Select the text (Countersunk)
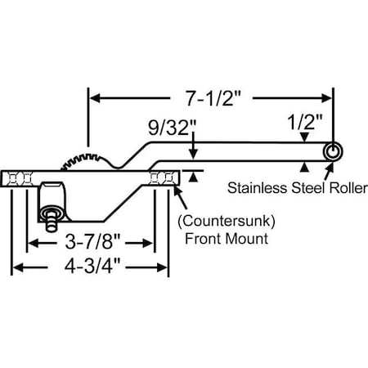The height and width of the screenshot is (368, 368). tap(225, 221)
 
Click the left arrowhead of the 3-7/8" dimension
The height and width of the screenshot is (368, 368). tap(34, 244)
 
